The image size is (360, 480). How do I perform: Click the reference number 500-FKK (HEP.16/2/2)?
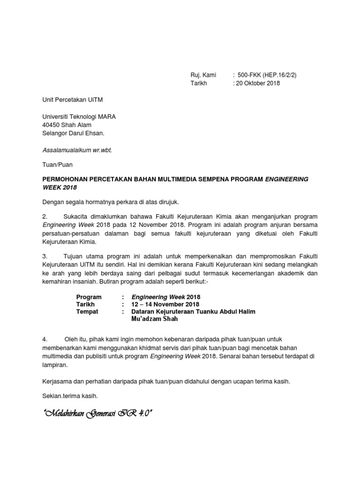point(267,75)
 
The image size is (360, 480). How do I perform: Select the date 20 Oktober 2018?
point(258,83)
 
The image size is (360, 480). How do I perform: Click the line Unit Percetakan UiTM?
point(73,100)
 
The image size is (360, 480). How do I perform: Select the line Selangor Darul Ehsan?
point(73,134)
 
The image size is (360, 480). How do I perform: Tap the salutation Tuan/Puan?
point(58,165)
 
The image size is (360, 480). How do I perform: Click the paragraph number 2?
point(45,217)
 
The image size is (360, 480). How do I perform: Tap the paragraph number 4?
point(45,338)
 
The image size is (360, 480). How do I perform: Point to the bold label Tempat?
point(87,312)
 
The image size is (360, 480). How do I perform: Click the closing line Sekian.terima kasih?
point(70,396)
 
